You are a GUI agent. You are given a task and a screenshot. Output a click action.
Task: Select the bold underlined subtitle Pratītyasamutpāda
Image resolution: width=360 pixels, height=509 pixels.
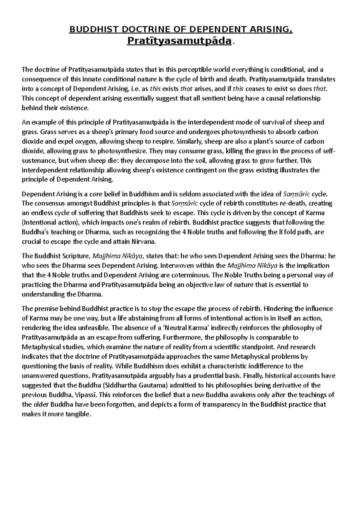tap(179, 40)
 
